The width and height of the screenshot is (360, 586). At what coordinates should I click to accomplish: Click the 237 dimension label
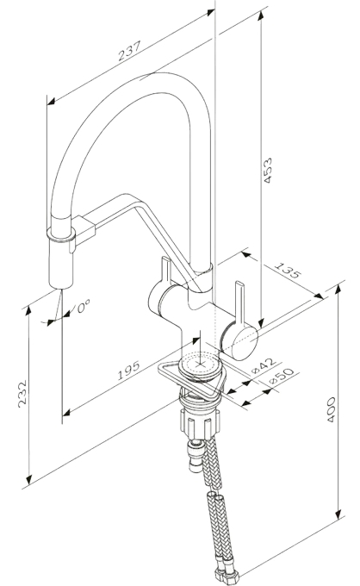129,51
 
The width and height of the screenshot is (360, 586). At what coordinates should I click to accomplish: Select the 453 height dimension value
268,171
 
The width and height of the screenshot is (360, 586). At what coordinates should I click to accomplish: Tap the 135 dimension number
287,271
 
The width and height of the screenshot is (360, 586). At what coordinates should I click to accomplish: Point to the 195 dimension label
128,370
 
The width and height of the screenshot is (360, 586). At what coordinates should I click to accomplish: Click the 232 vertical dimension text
22,394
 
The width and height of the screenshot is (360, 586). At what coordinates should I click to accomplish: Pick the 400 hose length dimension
331,409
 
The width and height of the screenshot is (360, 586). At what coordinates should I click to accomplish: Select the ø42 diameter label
264,365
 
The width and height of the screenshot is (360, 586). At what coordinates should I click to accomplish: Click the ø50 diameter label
282,376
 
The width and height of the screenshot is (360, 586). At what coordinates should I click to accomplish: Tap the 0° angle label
84,307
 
